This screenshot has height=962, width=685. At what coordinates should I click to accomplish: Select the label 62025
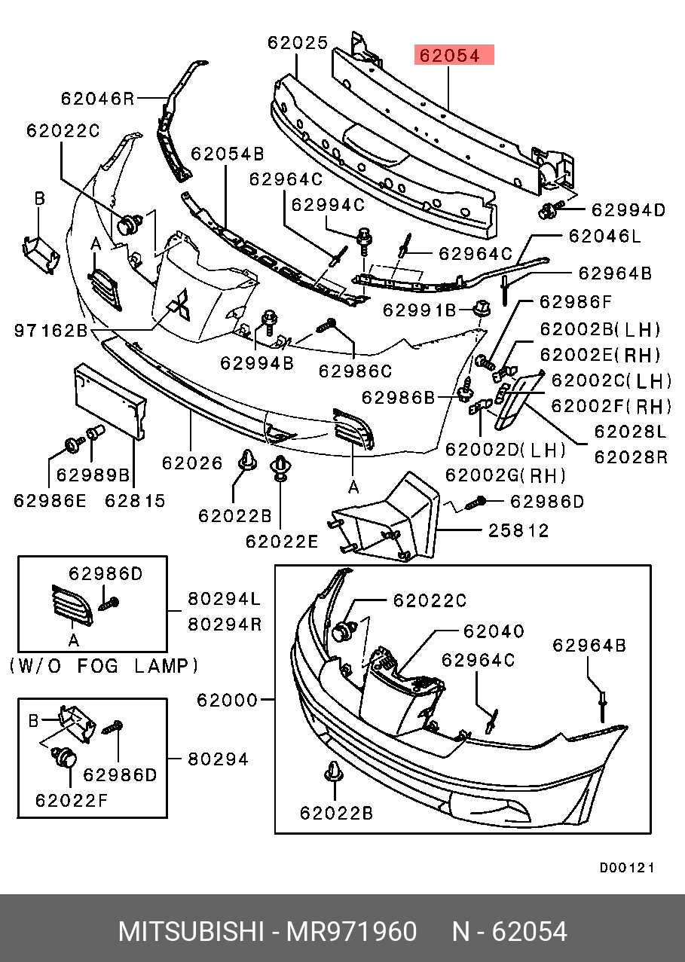[298, 43]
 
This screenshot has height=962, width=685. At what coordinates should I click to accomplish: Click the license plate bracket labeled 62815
[109, 399]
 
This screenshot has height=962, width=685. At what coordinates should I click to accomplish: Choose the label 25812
[518, 531]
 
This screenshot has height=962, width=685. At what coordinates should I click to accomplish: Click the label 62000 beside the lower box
[227, 700]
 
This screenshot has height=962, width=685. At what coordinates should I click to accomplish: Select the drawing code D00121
[626, 868]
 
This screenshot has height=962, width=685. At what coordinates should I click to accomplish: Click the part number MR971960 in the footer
[351, 932]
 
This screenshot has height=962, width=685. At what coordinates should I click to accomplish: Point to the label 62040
[494, 631]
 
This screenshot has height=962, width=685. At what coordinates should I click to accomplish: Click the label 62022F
[72, 799]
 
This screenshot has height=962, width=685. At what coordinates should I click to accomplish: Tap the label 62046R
[97, 98]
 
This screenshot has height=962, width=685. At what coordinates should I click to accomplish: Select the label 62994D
[628, 210]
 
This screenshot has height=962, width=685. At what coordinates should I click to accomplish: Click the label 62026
[192, 463]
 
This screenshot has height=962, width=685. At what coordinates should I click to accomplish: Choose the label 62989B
[93, 476]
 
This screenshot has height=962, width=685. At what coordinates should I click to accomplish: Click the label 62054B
[227, 154]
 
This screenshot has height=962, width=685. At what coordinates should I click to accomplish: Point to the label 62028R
[631, 457]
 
